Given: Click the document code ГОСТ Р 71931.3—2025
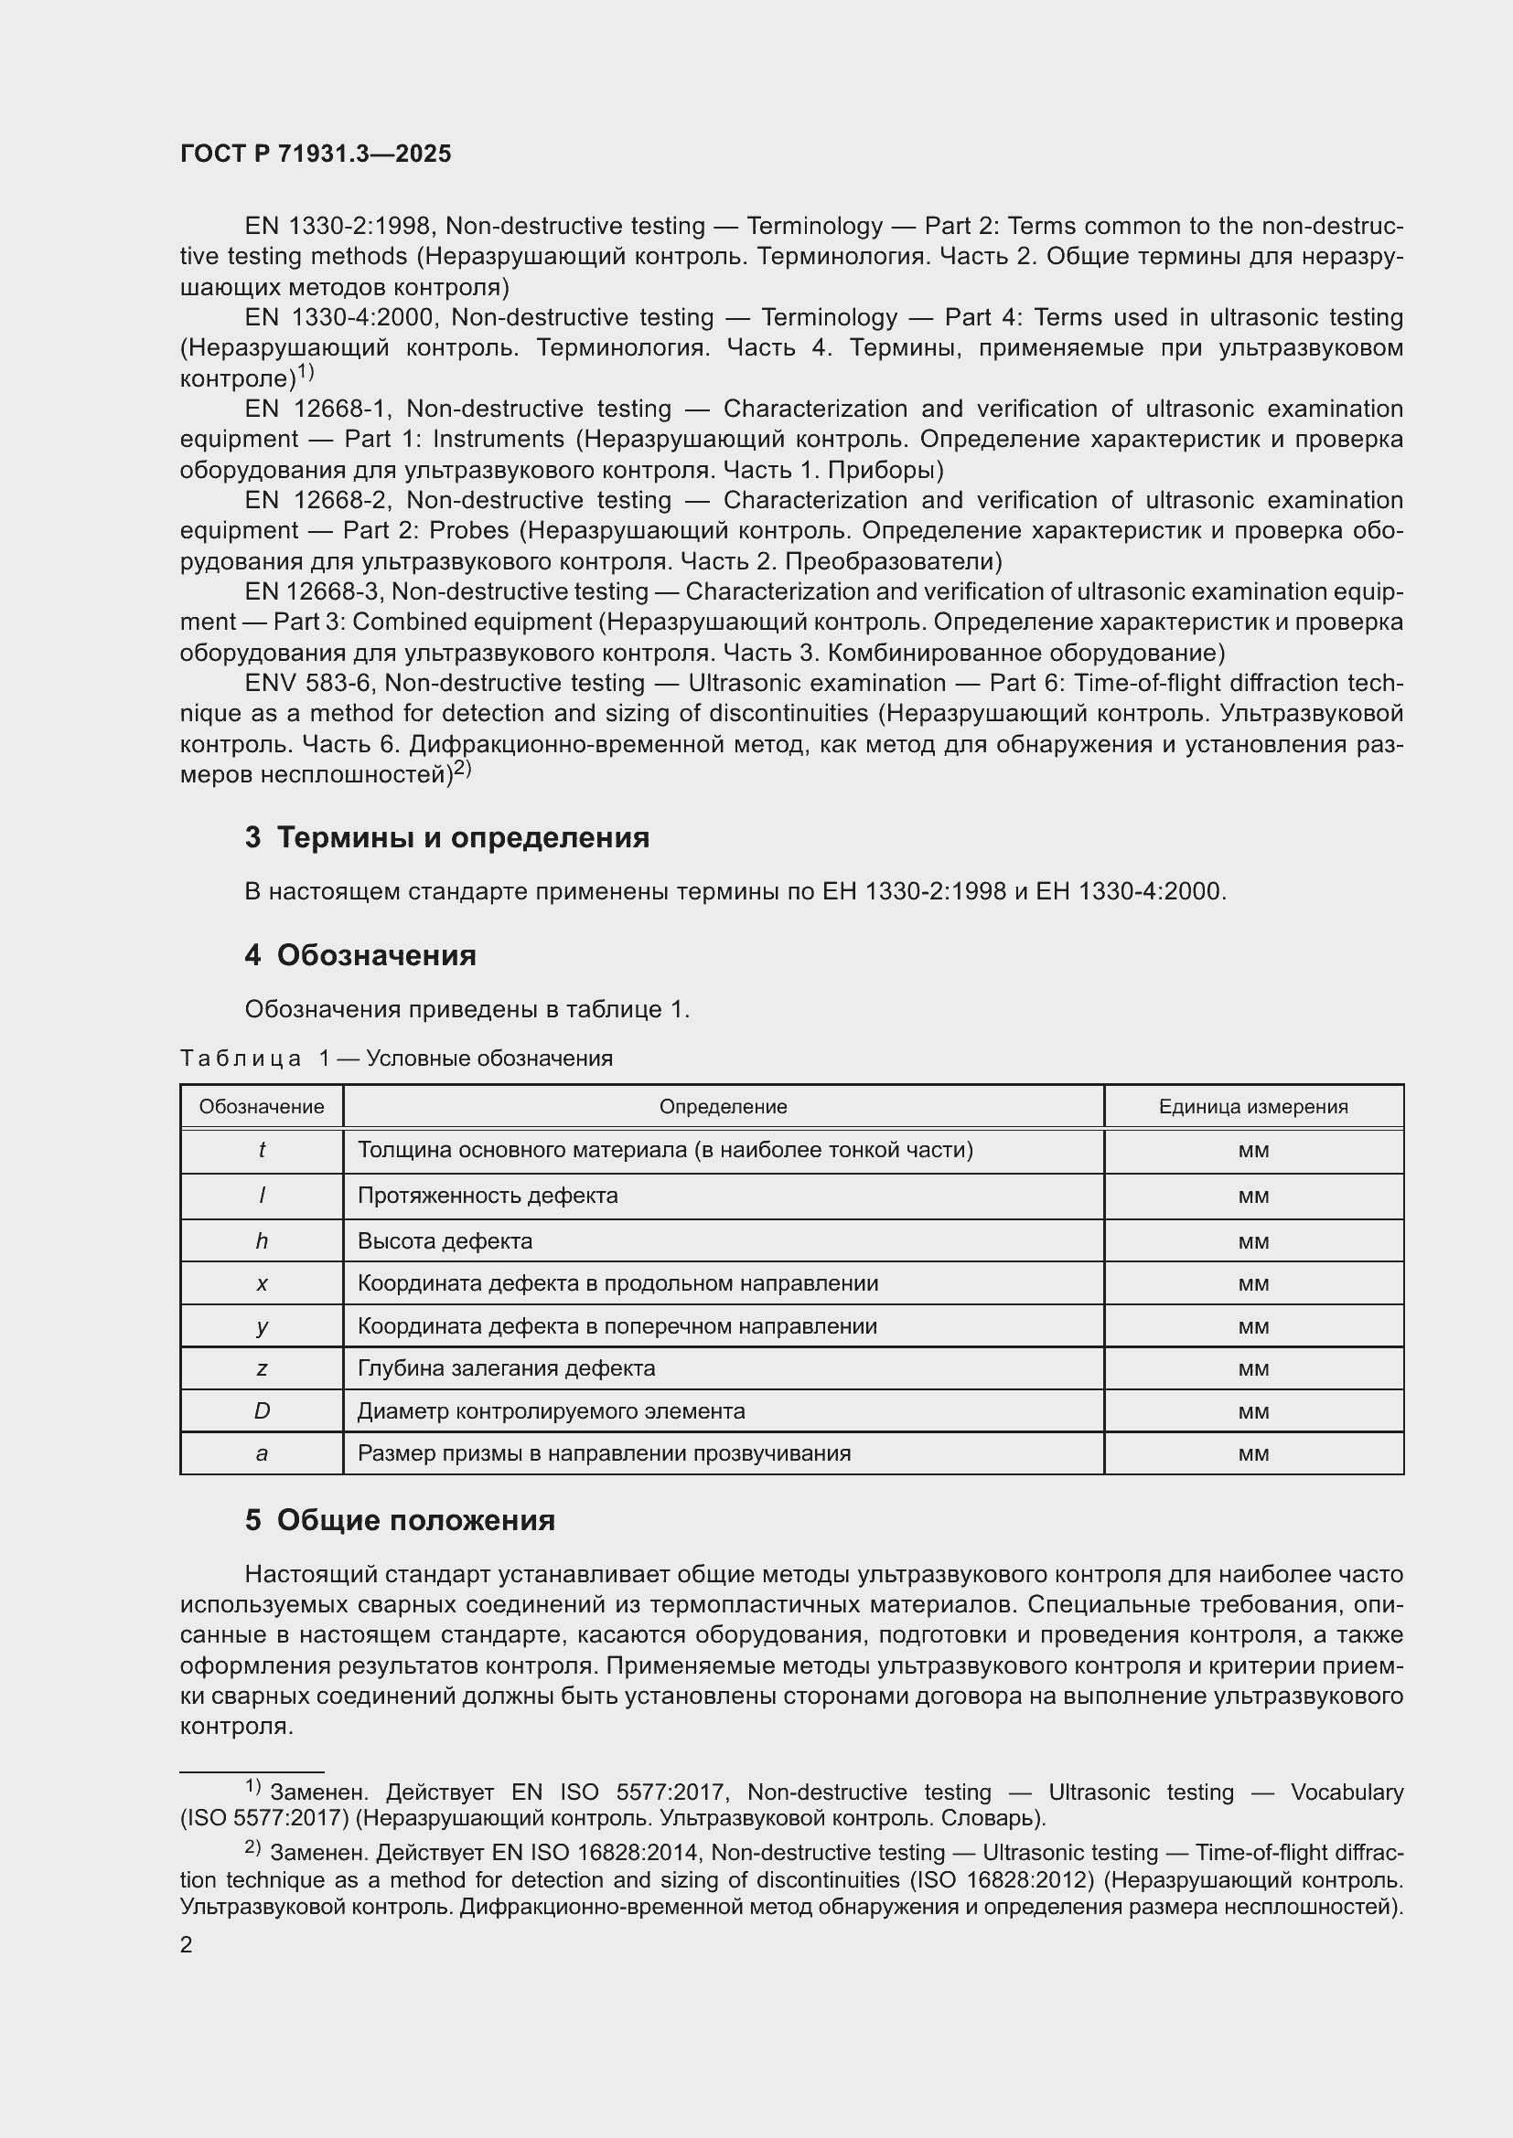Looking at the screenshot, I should tap(315, 154).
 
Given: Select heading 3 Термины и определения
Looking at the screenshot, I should tap(447, 837).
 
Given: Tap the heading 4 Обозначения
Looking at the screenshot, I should tap(360, 955).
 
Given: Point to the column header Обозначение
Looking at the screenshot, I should tap(262, 1106).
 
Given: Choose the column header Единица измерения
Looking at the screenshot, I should tap(1253, 1106).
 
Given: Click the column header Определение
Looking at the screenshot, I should tap(723, 1106).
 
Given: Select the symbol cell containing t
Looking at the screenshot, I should tap(262, 1150).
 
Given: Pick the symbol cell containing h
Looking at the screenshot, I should tap(262, 1241).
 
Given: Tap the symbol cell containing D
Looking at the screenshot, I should tap(262, 1410).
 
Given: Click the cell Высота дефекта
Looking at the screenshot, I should tap(445, 1241).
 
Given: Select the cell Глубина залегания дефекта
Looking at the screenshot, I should tap(506, 1368).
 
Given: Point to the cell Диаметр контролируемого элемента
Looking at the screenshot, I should tap(551, 1410).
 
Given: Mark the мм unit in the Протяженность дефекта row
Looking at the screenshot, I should tap(1253, 1196).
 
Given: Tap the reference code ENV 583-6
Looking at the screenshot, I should tap(309, 684).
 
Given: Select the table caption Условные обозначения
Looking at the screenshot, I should tap(489, 1058).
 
